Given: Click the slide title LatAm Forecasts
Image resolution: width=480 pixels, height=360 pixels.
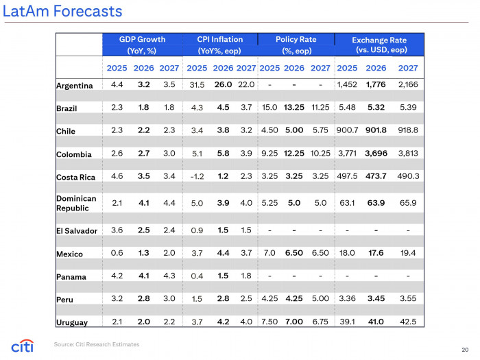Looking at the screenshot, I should [x=62, y=12].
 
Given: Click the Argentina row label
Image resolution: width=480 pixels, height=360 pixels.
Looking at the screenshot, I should [x=74, y=86].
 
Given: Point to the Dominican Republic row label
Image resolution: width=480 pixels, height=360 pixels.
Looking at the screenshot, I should [x=76, y=203].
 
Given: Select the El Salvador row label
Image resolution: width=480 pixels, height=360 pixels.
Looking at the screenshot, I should [x=77, y=231].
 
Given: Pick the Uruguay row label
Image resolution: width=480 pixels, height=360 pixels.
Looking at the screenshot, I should [x=71, y=322].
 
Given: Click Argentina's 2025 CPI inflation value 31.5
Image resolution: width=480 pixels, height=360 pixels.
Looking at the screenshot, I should [x=197, y=85].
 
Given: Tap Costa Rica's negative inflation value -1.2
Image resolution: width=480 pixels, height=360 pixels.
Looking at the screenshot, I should [x=197, y=176].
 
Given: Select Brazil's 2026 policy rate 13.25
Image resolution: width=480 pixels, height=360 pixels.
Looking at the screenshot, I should [x=294, y=108].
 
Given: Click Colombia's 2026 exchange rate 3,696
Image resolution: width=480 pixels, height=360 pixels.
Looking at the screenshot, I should [x=376, y=154].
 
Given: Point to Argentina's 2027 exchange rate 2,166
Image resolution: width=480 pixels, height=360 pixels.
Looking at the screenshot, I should [x=407, y=85].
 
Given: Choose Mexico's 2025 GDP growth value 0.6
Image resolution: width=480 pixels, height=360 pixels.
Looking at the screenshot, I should [x=117, y=253].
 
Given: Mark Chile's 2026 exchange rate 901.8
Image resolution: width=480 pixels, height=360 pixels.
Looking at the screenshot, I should [x=376, y=130].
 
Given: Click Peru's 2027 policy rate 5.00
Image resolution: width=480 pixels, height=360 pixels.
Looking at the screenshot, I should [x=320, y=299].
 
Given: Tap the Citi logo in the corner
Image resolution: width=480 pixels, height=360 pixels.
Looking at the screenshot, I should [x=23, y=345].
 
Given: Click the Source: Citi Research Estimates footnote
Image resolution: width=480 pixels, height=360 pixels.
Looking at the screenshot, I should [x=97, y=344].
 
